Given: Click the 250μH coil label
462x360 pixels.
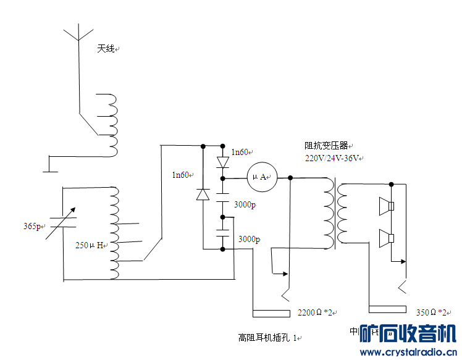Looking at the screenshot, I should click(x=89, y=245).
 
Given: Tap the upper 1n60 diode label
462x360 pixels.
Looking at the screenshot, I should click(x=241, y=152).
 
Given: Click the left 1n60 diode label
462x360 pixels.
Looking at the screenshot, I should click(x=181, y=175).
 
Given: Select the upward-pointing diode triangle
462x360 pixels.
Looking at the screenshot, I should click(x=203, y=193).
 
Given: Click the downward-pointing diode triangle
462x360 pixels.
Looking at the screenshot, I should click(x=222, y=162).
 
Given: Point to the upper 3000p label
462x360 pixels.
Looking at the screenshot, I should click(x=245, y=204).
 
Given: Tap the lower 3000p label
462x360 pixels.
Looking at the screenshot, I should click(x=249, y=239).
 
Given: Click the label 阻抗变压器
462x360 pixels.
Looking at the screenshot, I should click(x=327, y=146).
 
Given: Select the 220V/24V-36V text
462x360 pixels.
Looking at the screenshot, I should click(x=333, y=158).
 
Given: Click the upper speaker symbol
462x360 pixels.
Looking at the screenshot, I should click(x=387, y=206).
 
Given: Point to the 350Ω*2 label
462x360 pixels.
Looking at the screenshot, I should click(x=432, y=312).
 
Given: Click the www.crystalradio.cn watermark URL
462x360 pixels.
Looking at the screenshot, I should click(x=408, y=353).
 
